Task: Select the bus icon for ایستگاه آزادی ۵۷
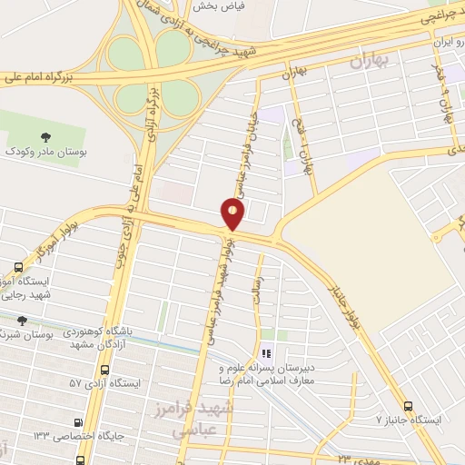106,370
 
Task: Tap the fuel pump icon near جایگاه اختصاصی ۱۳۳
78,422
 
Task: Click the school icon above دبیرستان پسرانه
266,352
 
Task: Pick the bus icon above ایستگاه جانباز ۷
408,406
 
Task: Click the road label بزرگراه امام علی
40,78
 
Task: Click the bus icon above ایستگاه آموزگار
18,267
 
